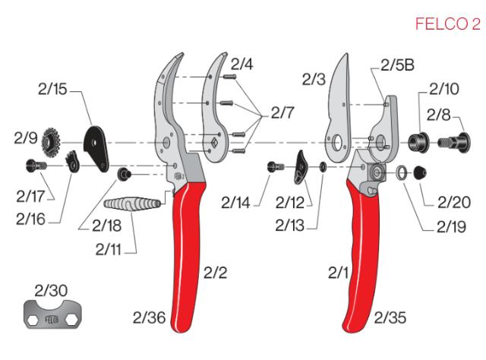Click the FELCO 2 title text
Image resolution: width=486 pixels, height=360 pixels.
(x=447, y=25)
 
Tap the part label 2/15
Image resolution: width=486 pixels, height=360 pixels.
(x=53, y=89)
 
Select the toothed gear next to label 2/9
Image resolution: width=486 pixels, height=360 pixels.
(x=54, y=141)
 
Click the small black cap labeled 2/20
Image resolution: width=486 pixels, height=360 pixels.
(x=420, y=174)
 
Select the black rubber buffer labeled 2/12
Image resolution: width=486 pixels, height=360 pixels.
(x=298, y=171)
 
